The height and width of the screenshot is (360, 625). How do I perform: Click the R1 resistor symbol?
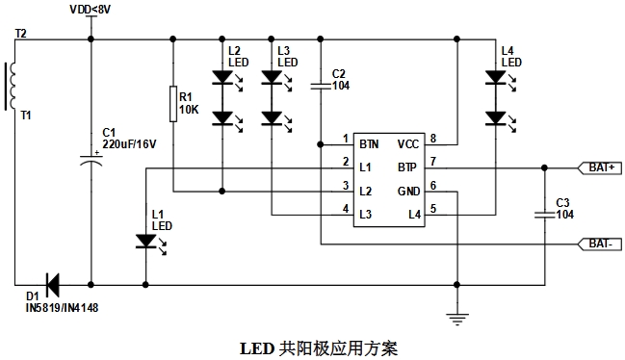pyautogui.click(x=173, y=104)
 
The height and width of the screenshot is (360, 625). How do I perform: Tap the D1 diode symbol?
pyautogui.click(x=53, y=285)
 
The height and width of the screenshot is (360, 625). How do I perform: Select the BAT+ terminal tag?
pyautogui.click(x=600, y=167)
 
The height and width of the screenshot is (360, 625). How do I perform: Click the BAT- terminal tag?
pyautogui.click(x=600, y=244)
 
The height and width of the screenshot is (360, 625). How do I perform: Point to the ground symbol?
pyautogui.click(x=457, y=319)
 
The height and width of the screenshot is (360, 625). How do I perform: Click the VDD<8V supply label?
pyautogui.click(x=91, y=10)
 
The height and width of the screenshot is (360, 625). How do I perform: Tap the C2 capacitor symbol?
pyautogui.click(x=321, y=86)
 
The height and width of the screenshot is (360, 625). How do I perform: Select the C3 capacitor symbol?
pyautogui.click(x=544, y=215)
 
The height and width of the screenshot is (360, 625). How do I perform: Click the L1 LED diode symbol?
pyautogui.click(x=145, y=242)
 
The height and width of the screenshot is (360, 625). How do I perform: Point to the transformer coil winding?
pyautogui.click(x=11, y=86)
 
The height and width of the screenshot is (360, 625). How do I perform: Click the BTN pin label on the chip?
pyautogui.click(x=369, y=144)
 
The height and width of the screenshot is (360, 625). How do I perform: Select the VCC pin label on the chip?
pyautogui.click(x=408, y=144)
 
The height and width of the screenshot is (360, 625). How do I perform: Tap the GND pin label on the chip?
pyautogui.click(x=409, y=192)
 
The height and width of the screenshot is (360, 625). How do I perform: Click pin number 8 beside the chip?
pyautogui.click(x=433, y=139)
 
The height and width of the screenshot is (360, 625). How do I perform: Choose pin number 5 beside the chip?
pyautogui.click(x=433, y=209)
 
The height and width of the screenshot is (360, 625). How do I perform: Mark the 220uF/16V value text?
pyautogui.click(x=130, y=144)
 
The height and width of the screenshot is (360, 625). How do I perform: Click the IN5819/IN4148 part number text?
pyautogui.click(x=62, y=307)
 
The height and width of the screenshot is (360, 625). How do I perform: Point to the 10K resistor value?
pyautogui.click(x=189, y=110)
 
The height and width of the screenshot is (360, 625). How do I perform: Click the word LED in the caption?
pyautogui.click(x=257, y=348)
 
